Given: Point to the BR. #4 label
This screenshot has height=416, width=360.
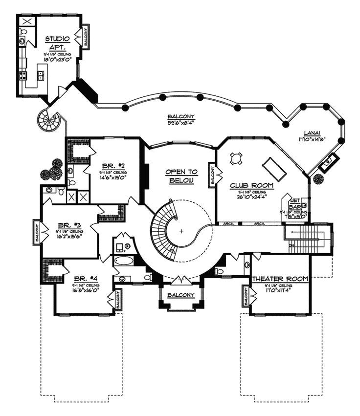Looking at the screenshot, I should pos(86,277).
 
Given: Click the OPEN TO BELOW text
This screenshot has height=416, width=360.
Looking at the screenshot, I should pos(181,176).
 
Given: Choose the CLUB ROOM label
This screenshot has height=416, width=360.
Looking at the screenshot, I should pos(252,186).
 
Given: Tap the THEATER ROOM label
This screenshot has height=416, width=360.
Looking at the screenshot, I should pos(280,279).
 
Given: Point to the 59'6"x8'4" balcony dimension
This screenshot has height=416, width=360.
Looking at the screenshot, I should pos(180,123).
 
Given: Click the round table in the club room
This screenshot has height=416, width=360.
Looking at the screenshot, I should pos(237,158).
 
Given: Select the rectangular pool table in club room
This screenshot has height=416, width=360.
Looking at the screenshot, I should pos(274,168).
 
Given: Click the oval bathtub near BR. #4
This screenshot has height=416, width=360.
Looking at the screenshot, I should pos(124,261).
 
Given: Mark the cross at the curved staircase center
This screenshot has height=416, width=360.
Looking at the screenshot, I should pos(181,231).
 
